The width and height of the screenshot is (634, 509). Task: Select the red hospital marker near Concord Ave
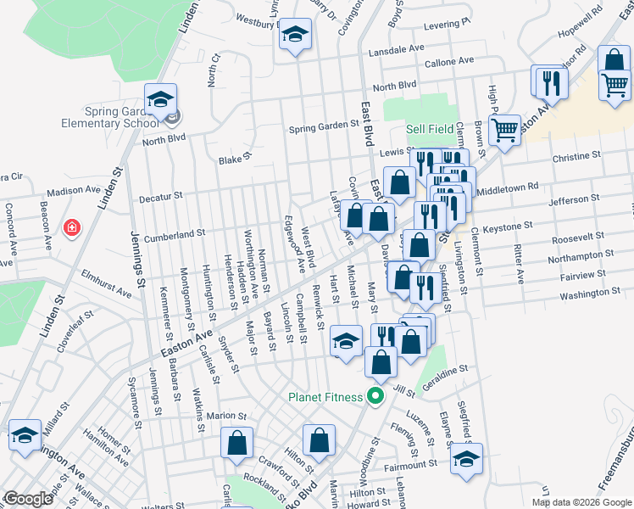tap(73, 227)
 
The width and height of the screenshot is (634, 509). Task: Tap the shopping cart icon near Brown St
tap(505, 130)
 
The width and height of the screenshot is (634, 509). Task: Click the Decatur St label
tap(160, 196)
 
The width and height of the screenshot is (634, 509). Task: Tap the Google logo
tap(28, 499)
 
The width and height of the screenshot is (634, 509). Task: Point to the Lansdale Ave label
tap(395, 50)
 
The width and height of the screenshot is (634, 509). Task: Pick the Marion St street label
tap(225, 417)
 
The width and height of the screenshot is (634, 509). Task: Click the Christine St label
tap(576, 157)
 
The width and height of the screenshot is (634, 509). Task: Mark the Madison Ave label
tap(74, 192)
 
